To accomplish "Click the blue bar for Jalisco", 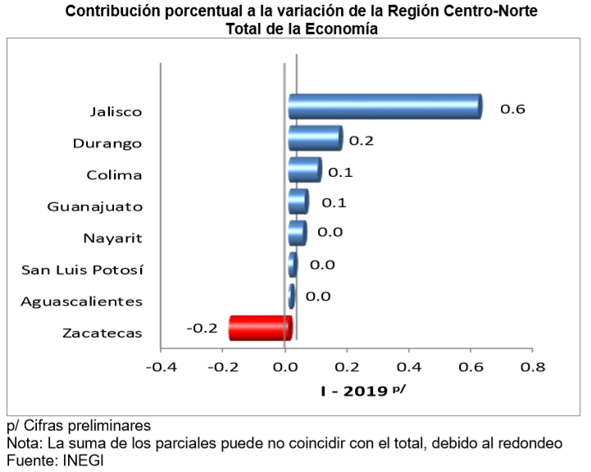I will (x=384, y=107).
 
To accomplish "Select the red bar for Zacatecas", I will (x=260, y=327).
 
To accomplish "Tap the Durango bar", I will (x=315, y=138).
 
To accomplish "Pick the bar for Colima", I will (x=304, y=170).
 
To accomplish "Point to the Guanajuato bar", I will (x=298, y=201).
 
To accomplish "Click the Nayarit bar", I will (x=297, y=233).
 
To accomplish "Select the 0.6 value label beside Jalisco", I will (x=513, y=109).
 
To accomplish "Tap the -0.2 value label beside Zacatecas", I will (x=202, y=328).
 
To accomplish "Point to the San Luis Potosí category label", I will (x=81, y=270).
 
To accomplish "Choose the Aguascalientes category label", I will (x=81, y=301).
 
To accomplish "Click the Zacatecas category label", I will (x=102, y=333).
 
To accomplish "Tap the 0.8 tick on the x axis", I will (x=532, y=365).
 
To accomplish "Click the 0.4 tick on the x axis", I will (x=408, y=365).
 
